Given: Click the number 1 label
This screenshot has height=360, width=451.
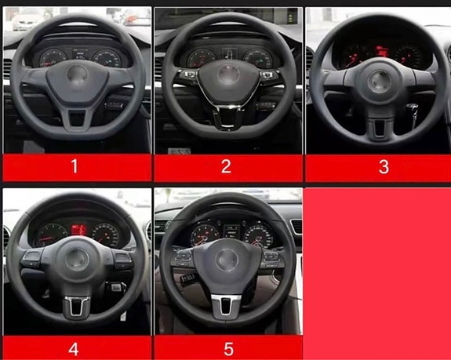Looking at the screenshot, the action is click(75, 166).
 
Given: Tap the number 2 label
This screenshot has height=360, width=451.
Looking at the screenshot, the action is click(226, 166).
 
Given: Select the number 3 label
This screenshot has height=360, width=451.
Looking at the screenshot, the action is click(384, 167).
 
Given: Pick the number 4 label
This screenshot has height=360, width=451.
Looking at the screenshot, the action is click(74, 349).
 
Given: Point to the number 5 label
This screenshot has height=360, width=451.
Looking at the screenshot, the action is click(229, 349).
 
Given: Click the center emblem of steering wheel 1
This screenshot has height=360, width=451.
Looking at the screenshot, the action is click(77, 75).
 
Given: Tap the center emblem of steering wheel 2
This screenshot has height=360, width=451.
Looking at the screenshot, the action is click(229, 75).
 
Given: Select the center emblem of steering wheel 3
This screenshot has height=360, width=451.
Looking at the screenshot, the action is click(379, 82).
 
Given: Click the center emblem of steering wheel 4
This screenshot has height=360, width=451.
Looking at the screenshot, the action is click(77, 259).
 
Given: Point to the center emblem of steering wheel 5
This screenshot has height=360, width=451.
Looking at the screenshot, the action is click(227, 260).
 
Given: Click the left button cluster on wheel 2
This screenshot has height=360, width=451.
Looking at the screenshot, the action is click(188, 75).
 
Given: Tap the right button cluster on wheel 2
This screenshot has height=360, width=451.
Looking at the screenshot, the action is click(269, 75).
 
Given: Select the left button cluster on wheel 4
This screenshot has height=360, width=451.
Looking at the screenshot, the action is click(31, 258).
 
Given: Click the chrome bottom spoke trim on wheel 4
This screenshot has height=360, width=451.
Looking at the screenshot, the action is click(77, 306).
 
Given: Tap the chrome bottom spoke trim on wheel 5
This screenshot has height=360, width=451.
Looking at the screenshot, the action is click(226, 304).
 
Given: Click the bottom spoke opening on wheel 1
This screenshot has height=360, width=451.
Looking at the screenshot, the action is click(77, 118).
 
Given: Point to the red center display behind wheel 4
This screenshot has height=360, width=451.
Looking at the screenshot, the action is click(78, 230).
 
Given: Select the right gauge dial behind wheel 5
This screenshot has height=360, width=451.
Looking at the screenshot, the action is click(259, 235).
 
